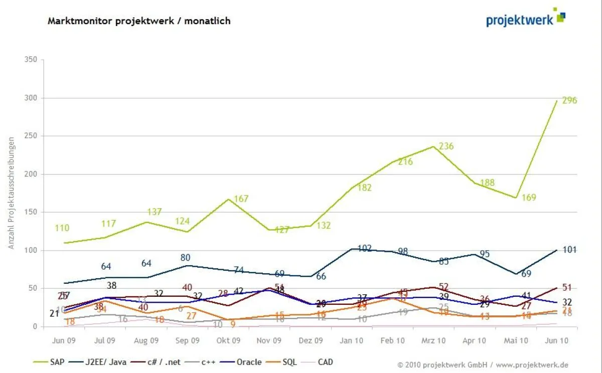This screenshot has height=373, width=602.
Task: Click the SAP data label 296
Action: [569, 100]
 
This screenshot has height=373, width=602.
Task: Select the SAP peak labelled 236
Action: [446, 146]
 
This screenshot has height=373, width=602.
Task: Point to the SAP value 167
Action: [241, 199]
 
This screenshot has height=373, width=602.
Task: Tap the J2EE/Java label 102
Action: [365, 249]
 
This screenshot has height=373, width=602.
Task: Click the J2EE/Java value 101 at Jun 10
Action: [569, 250]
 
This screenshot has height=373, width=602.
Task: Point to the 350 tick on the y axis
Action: [31, 60]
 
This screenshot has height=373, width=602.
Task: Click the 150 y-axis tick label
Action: [31, 212]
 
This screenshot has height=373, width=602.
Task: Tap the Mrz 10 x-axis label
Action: [433, 340]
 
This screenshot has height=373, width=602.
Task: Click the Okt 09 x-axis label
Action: [229, 340]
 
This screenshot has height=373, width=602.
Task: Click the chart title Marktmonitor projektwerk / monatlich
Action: [139, 21]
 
